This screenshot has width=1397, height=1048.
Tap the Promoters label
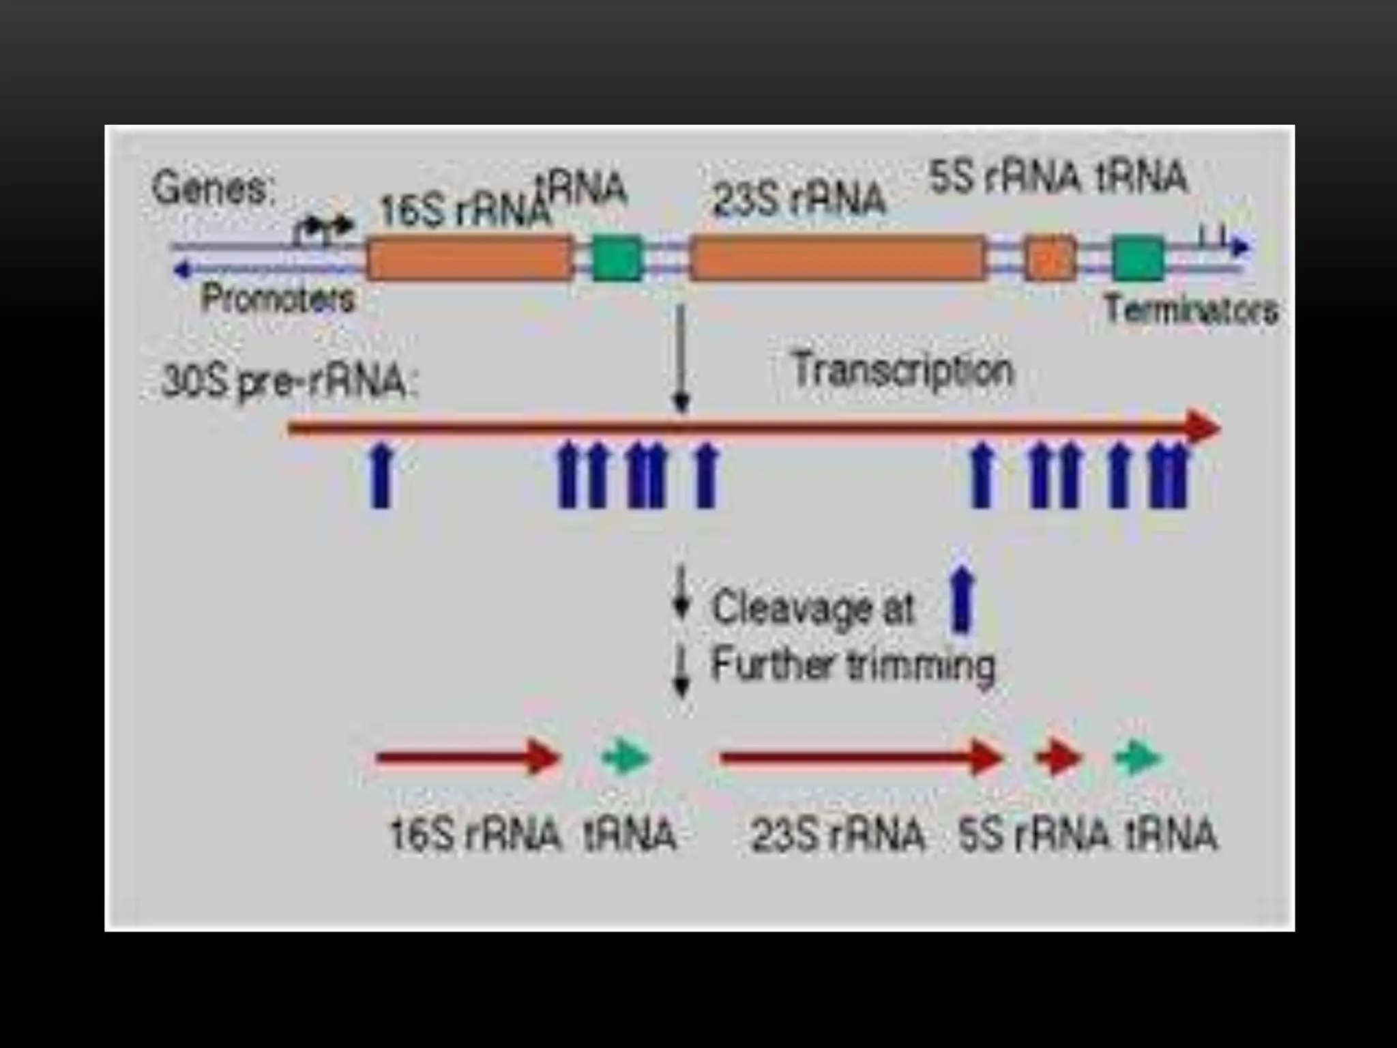coord(278,299)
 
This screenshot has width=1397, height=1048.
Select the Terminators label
coord(1190,310)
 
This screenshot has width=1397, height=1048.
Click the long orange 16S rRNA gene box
coord(470,258)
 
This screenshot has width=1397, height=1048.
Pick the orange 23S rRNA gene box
coord(838,258)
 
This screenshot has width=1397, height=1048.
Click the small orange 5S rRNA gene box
coord(1050,258)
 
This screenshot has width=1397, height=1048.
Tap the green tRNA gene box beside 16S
coord(617,258)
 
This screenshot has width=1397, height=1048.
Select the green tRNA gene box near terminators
coord(1138,258)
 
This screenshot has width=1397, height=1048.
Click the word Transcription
coord(903,371)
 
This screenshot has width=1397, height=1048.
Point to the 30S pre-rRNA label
coord(288,383)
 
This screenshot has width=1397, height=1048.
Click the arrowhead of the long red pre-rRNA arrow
coord(1203,428)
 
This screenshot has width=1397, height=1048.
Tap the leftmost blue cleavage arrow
coord(382,475)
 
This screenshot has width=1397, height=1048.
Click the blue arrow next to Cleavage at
coord(961,600)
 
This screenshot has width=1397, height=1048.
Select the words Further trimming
coord(853,665)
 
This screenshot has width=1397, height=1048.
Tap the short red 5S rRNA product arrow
coord(1058,758)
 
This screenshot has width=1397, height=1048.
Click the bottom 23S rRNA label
coord(838,834)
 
